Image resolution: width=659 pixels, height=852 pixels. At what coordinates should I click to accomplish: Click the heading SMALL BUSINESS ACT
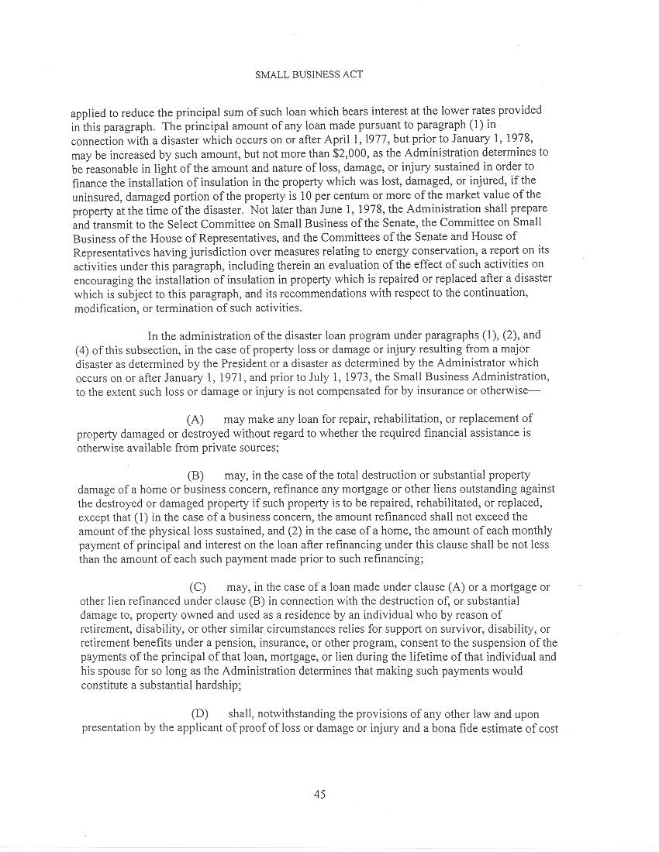click(x=309, y=74)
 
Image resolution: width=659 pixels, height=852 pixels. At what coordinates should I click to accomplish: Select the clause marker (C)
click(x=197, y=587)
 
